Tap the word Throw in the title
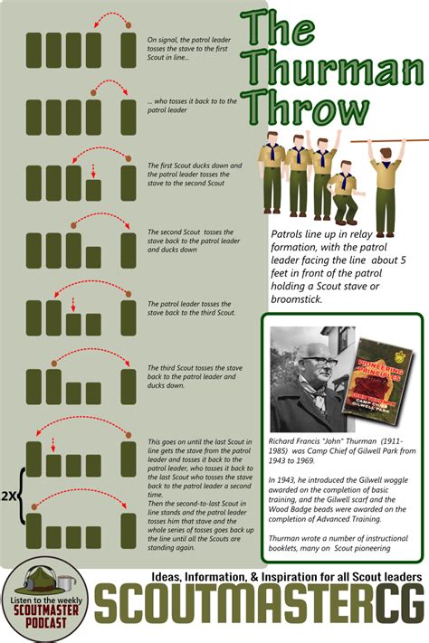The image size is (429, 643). coord(310,110)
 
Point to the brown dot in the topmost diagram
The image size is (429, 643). coord(127,24)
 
